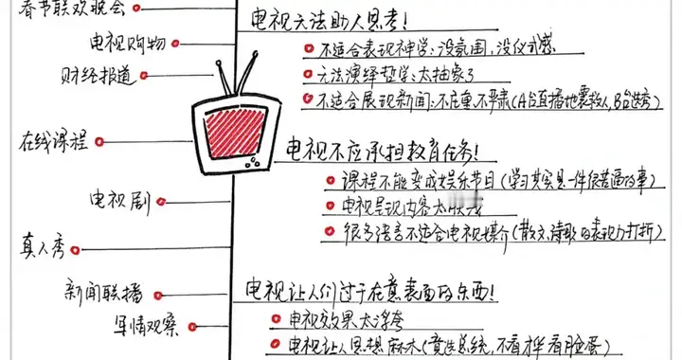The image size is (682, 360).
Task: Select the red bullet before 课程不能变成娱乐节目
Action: (328, 179)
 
